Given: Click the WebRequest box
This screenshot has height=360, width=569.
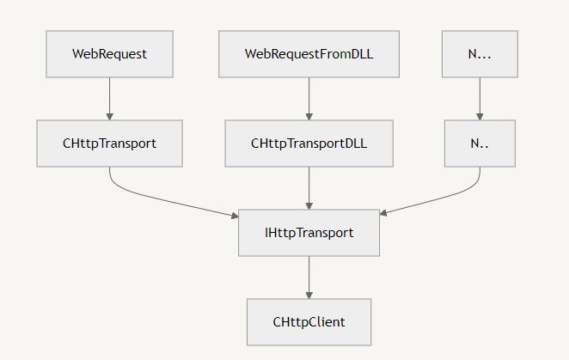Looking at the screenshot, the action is coord(110,54).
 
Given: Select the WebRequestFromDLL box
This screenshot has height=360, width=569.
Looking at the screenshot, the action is coord(309,54).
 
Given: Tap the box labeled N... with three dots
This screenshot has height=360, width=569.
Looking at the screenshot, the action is coord(480,54).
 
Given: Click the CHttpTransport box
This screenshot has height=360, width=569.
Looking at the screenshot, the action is coord(110,143).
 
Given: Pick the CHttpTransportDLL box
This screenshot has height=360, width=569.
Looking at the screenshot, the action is coord(309,143).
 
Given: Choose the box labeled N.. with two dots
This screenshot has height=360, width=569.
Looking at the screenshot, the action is coord(480,143).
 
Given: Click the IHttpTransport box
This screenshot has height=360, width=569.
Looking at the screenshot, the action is coord(309,233).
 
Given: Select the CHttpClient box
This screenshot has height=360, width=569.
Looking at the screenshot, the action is coord(309,322).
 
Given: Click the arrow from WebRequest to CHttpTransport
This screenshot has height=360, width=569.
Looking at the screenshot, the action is coord(110,99).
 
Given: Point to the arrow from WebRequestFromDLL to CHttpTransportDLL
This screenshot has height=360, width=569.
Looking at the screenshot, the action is coord(309,99).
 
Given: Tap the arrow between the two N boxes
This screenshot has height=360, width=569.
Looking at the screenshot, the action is coord(480,99).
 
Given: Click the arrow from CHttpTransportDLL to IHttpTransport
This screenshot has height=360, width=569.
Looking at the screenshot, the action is coord(309,188).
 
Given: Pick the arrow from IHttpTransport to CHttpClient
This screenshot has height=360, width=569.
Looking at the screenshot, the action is coord(309,278).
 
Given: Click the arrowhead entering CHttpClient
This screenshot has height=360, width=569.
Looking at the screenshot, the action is coord(309,296).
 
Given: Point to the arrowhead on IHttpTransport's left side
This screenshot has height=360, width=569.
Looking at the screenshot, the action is coord(236,216).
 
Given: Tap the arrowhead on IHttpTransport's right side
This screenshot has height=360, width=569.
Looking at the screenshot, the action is coord(383,213).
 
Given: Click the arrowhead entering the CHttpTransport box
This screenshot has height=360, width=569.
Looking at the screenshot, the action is coord(110,117).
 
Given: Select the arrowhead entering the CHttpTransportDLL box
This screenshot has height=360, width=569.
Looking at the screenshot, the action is coord(309,117).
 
